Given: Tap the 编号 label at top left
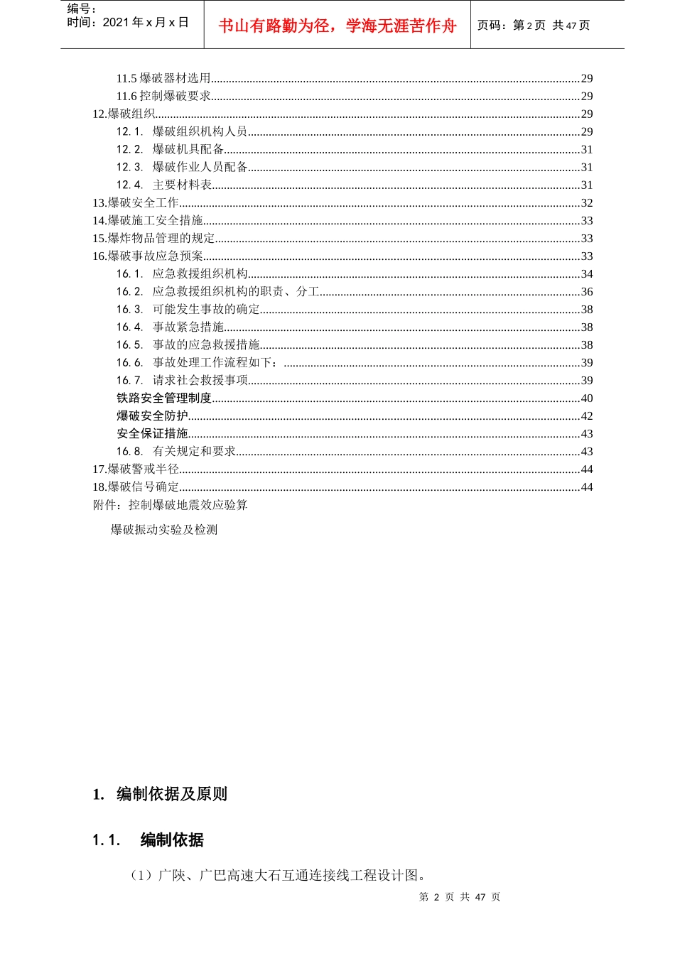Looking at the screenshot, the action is (x=82, y=9).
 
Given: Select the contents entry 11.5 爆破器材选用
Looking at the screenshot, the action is (x=164, y=79).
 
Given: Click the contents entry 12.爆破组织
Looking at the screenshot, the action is (x=124, y=114).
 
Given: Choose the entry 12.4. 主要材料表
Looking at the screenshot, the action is (x=164, y=185).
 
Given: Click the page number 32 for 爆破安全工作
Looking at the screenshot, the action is (x=586, y=203).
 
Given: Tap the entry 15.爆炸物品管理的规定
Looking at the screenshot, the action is (x=153, y=239).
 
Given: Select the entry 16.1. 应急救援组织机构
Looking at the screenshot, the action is (x=182, y=274).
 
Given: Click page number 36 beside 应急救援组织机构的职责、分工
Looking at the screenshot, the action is (x=586, y=292).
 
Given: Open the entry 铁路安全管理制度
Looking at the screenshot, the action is (x=164, y=398).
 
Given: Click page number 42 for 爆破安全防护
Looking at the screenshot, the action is (x=586, y=416).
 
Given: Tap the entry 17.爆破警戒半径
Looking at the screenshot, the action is (x=136, y=469).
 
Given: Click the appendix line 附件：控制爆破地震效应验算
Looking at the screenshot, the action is (x=170, y=505).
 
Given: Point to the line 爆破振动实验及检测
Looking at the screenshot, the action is (x=163, y=530).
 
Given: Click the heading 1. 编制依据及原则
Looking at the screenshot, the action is (x=160, y=794).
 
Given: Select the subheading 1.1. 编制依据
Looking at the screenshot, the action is (x=148, y=840).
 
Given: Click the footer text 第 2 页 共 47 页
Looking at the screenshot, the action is (x=460, y=897).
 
